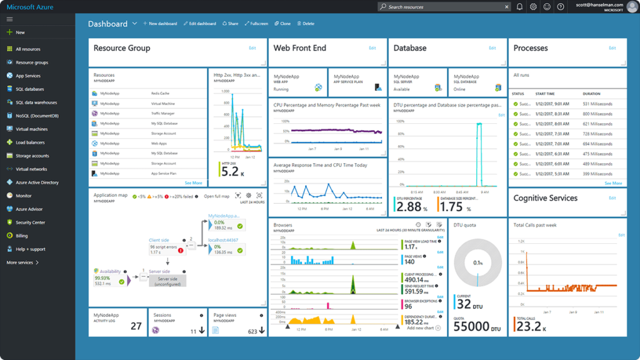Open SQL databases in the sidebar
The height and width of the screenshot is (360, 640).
coord(29,89)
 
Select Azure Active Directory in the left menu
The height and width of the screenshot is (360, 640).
coord(37,182)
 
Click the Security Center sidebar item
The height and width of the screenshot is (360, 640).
coord(30,222)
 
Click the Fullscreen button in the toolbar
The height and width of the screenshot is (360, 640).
coord(256,24)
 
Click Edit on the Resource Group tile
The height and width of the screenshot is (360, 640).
coord(252,48)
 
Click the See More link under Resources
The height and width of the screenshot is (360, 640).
coord(193,183)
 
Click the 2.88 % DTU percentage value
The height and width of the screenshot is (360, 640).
coord(409,207)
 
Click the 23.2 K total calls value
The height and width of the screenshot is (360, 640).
coord(529,327)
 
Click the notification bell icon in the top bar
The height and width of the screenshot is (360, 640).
coord(519,7)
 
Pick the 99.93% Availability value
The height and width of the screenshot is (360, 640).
coord(102,278)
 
